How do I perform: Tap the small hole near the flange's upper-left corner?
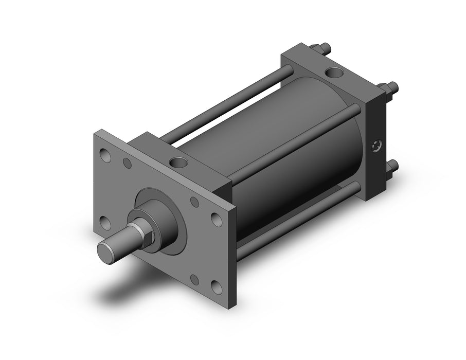click(127, 164)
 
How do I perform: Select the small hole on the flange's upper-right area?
click(194, 202)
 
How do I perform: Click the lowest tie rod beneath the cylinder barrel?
click(298, 221)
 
